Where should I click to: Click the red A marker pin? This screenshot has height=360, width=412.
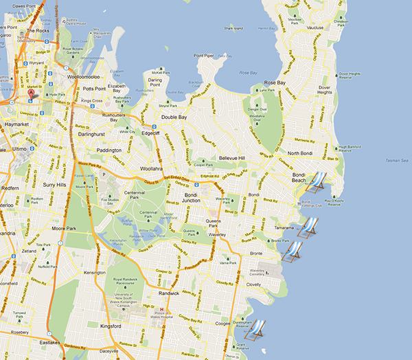[x=30, y=93]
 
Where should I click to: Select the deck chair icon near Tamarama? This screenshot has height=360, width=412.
[x=310, y=226]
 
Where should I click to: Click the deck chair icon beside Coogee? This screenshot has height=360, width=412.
[x=257, y=330]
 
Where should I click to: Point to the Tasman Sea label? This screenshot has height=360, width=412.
[x=395, y=159]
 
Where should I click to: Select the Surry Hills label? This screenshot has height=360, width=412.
[x=54, y=185]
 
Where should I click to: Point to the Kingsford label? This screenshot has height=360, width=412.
[x=114, y=326]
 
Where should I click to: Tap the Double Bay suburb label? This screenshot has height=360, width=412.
[x=174, y=117]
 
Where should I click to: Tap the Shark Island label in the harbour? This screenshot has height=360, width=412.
[x=233, y=28]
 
